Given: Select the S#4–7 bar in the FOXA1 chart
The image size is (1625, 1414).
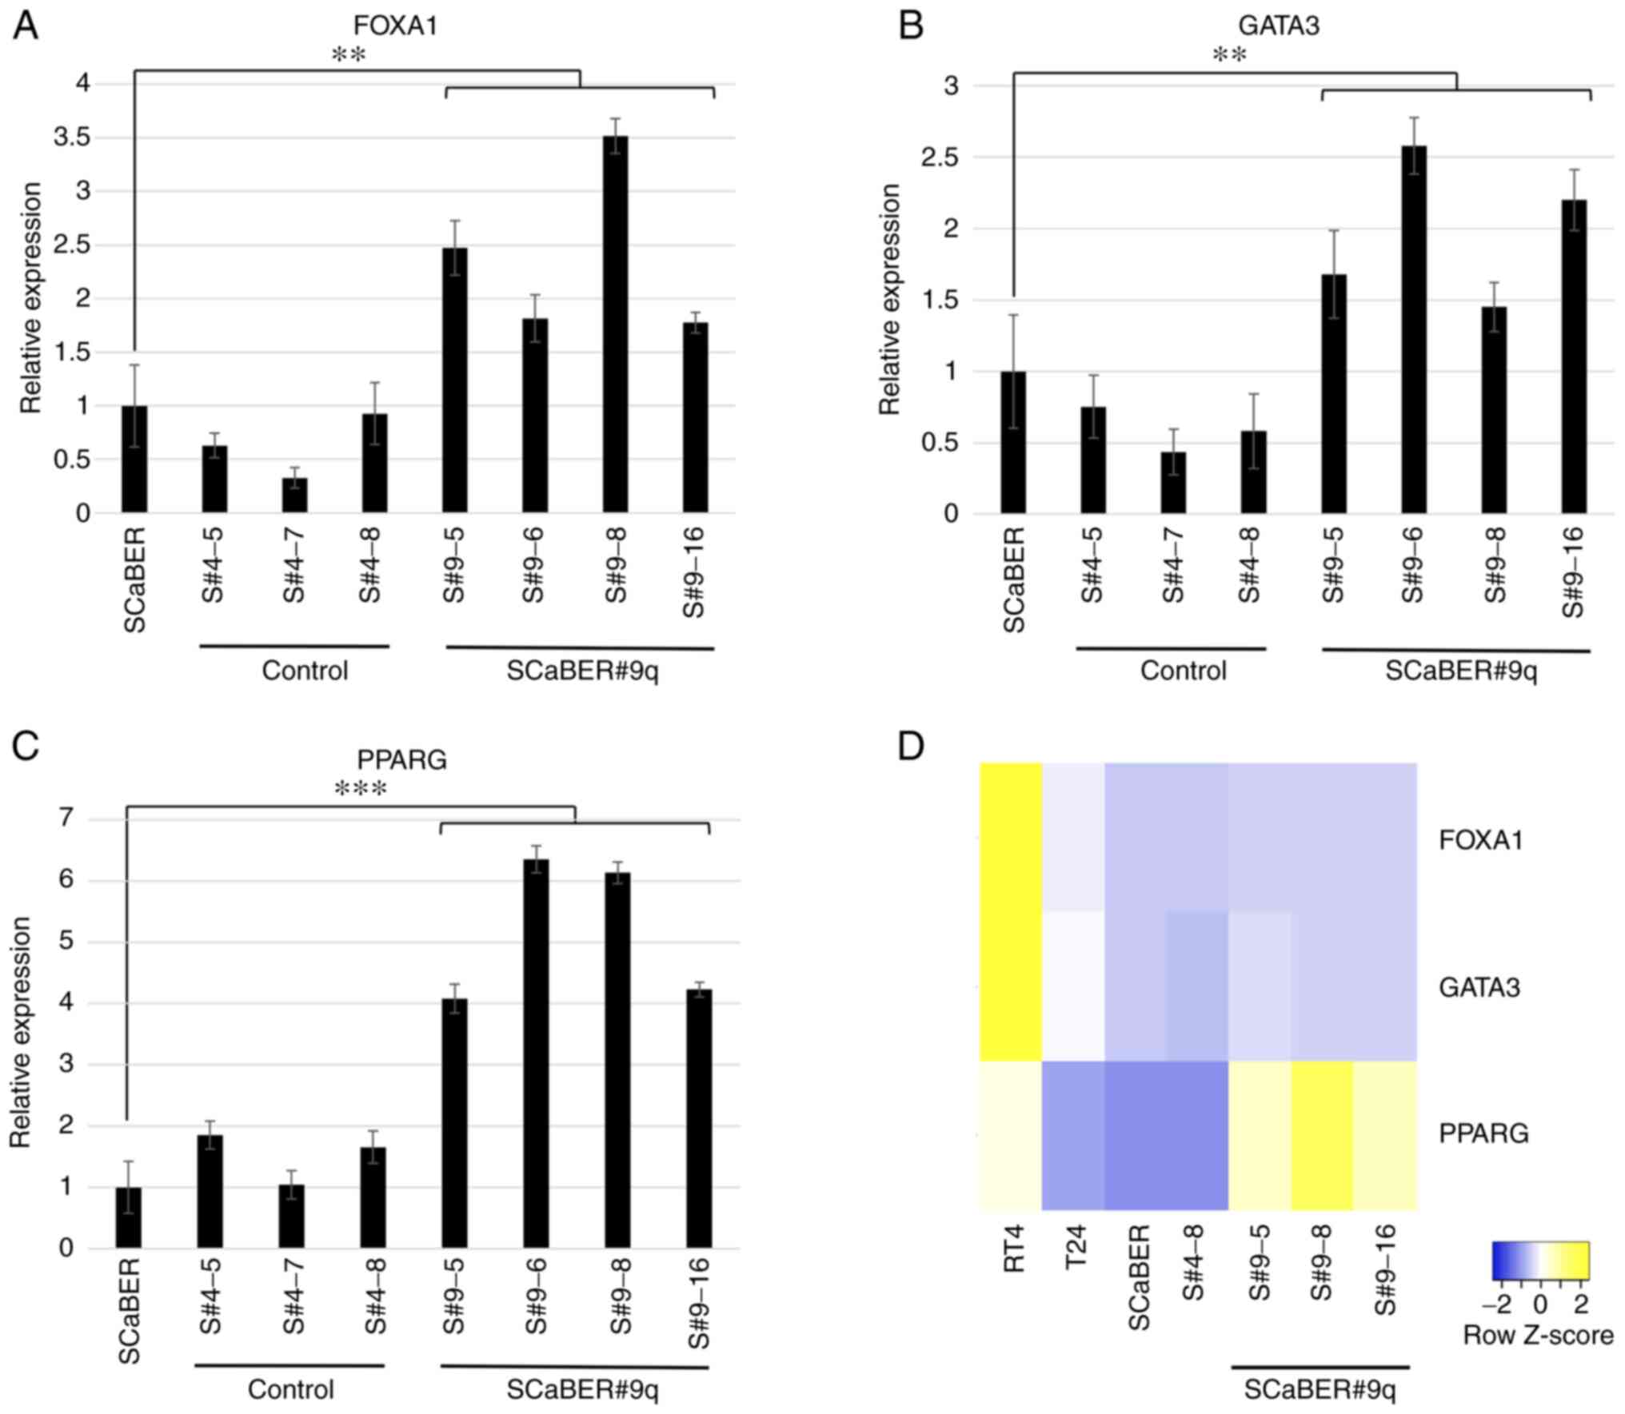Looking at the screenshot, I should (294, 495).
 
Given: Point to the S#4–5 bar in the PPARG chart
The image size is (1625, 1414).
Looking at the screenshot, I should (210, 1191).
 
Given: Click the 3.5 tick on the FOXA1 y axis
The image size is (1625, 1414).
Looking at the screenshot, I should (72, 137).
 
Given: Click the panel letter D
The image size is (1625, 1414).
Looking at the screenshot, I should (911, 747).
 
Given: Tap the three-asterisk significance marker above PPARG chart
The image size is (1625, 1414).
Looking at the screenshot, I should (361, 790).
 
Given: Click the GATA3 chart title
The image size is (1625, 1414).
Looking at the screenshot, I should (1278, 26).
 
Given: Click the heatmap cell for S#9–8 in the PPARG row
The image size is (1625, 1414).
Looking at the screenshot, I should (1321, 1136).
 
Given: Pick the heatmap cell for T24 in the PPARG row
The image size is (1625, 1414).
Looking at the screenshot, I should (1073, 1136).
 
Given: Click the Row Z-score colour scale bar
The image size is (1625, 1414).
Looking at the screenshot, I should (1540, 1261).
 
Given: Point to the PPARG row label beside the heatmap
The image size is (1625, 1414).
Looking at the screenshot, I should (1483, 1133).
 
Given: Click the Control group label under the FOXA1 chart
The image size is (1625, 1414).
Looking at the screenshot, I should (305, 670).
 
